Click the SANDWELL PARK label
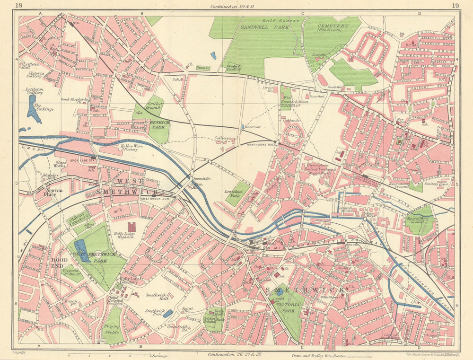click(x=258, y=27)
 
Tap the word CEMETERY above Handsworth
click(x=333, y=26)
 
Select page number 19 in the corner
click(x=455, y=6)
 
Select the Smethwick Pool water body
click(x=168, y=313)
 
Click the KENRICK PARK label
click(x=160, y=124)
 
